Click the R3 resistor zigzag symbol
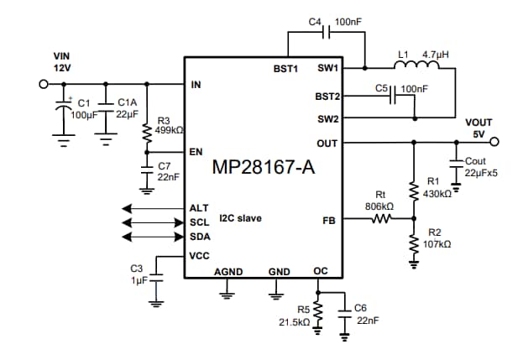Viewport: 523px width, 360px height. click(147, 132)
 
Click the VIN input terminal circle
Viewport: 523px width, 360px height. click(43, 84)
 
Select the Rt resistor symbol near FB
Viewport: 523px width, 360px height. click(383, 220)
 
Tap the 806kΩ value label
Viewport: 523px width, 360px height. click(380, 206)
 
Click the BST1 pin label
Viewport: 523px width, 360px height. click(285, 69)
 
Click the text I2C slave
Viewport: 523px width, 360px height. click(240, 218)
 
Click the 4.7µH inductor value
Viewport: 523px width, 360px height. click(437, 53)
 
